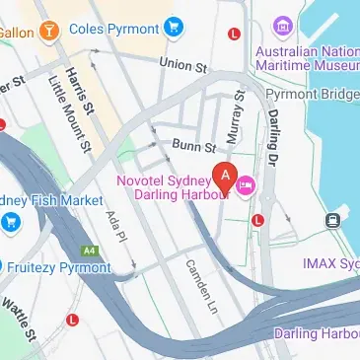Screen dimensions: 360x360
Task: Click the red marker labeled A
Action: (x=226, y=177)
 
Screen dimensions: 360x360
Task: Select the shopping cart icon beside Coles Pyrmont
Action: (x=176, y=27)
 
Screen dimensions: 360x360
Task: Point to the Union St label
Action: (x=185, y=64)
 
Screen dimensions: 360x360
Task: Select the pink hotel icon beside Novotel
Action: (x=246, y=184)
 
